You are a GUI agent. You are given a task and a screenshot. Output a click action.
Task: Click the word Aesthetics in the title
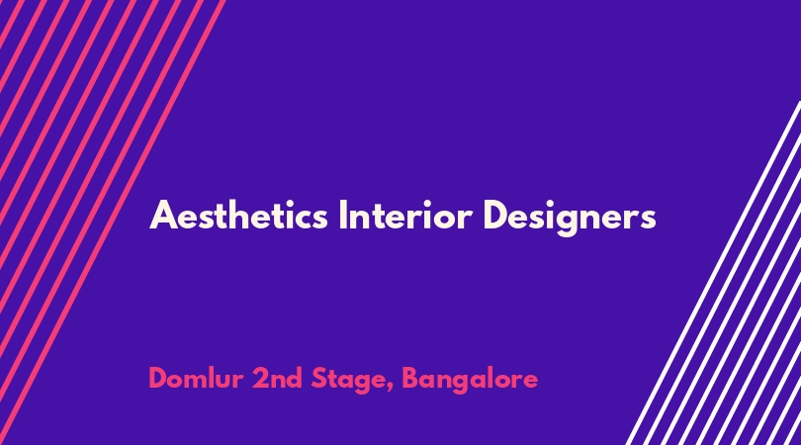[x=238, y=217]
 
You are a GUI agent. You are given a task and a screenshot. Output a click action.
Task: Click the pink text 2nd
[x=277, y=378]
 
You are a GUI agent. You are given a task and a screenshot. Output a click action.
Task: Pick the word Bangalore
[x=470, y=381]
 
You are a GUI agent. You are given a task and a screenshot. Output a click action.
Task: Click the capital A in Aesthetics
[x=163, y=216]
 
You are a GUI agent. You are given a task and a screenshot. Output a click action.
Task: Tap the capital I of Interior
[x=343, y=216]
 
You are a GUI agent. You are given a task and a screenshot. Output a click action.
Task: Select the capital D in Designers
[x=495, y=216]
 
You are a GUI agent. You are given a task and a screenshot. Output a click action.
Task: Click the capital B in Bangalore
[x=410, y=378]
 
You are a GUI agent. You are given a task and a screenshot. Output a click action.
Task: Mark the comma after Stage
[x=391, y=389]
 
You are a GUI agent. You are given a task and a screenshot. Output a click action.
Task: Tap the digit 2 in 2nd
[x=260, y=378]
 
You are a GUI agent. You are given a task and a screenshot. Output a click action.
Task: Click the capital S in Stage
[x=319, y=378]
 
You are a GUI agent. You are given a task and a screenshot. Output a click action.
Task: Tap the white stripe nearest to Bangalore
[x=713, y=273]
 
